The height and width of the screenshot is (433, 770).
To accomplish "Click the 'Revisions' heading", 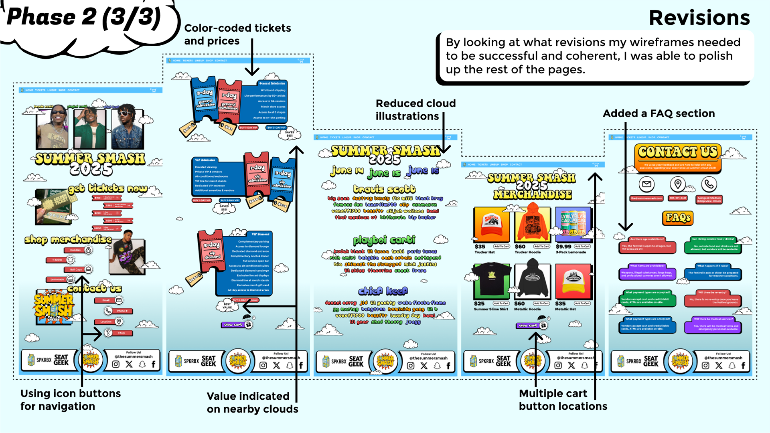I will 699,18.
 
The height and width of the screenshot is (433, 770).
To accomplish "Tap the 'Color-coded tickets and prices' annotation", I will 237,34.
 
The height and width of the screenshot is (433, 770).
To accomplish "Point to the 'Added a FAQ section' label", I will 659,113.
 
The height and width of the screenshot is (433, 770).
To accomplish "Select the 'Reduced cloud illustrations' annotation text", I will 415,109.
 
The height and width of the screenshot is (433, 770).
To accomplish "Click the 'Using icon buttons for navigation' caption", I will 71,400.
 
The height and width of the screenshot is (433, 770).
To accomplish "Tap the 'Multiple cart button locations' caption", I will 563,400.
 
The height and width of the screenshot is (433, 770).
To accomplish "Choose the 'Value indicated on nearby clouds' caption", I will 252,403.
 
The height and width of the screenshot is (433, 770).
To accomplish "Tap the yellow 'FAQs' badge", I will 678,218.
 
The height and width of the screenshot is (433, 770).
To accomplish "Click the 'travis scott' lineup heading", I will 384,189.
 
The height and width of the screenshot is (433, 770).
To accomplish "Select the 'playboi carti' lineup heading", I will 384,240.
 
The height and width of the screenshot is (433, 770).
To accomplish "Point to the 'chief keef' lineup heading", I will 383,291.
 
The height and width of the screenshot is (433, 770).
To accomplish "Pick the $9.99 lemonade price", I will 563,247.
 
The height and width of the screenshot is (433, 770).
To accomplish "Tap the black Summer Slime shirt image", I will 491,281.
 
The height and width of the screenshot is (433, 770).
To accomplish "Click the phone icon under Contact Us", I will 709,184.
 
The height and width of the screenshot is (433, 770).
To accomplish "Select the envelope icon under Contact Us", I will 646,184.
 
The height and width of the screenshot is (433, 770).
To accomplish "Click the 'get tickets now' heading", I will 107,188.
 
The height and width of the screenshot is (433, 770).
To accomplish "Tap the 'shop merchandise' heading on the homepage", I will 68,239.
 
